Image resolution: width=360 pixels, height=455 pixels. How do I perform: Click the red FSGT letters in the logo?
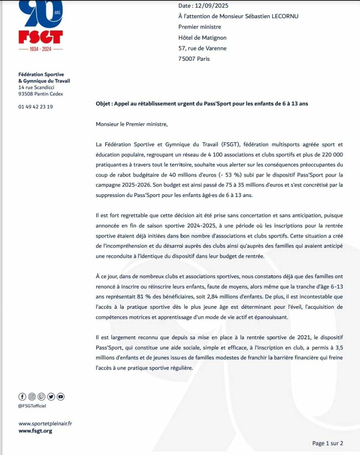(x=41, y=37)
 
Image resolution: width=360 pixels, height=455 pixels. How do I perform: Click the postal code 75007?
(x=186, y=59)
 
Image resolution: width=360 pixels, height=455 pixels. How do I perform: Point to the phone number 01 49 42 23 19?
(x=36, y=107)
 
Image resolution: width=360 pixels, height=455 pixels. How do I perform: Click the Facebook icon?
(x=22, y=397)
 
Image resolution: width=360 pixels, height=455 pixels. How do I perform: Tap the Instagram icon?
(x=32, y=397)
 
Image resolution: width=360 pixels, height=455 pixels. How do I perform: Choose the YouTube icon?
(x=61, y=397)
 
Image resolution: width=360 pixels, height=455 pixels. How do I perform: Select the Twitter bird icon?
(x=51, y=397)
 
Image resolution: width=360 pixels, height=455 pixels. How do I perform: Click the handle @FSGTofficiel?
(x=32, y=406)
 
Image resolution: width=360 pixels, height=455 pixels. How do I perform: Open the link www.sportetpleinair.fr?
(x=45, y=424)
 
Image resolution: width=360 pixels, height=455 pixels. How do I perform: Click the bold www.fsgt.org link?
(x=35, y=431)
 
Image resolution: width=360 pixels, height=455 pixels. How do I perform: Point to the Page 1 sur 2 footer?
(x=327, y=443)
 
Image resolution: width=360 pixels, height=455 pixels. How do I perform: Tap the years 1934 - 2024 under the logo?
(x=41, y=49)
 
